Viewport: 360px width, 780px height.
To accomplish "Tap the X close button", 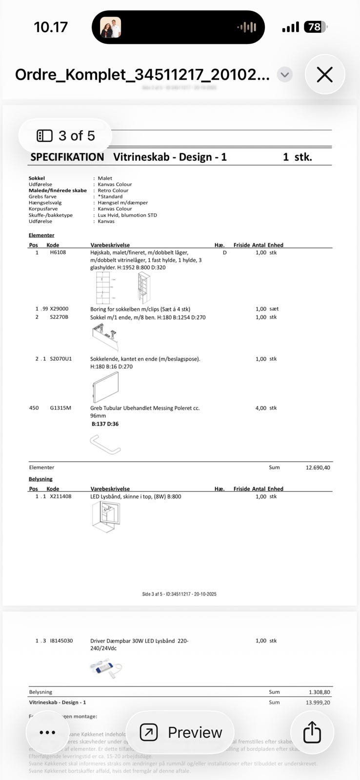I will pyautogui.click(x=325, y=75).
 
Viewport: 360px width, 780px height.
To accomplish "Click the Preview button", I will pyautogui.click(x=180, y=732).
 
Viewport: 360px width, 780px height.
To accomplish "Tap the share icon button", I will pyautogui.click(x=312, y=732).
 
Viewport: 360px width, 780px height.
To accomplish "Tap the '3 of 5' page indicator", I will pyautogui.click(x=66, y=136).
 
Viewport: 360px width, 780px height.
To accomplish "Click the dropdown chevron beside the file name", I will pyautogui.click(x=285, y=75).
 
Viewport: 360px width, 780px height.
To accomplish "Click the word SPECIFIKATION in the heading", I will pyautogui.click(x=67, y=157).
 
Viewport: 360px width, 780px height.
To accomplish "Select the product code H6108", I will pyautogui.click(x=58, y=253).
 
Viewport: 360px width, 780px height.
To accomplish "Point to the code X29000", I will pyautogui.click(x=59, y=309).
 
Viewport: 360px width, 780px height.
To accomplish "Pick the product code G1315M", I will pyautogui.click(x=60, y=408).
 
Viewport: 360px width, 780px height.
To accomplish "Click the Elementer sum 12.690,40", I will pyautogui.click(x=318, y=468).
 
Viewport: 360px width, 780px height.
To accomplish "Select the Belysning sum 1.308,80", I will pyautogui.click(x=319, y=692).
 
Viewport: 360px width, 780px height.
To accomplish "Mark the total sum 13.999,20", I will pyautogui.click(x=318, y=702).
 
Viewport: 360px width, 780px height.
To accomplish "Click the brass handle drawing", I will pyautogui.click(x=105, y=444).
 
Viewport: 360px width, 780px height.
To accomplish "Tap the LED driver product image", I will pyautogui.click(x=106, y=668).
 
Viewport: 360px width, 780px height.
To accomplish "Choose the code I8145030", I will pyautogui.click(x=61, y=641).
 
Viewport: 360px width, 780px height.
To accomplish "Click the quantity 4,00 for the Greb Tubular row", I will pyautogui.click(x=260, y=408).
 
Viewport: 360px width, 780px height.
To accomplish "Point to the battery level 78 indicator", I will pyautogui.click(x=315, y=27).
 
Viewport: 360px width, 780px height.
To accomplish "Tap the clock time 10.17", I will pyautogui.click(x=51, y=27).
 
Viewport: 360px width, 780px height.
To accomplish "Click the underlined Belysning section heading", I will pyautogui.click(x=40, y=479).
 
